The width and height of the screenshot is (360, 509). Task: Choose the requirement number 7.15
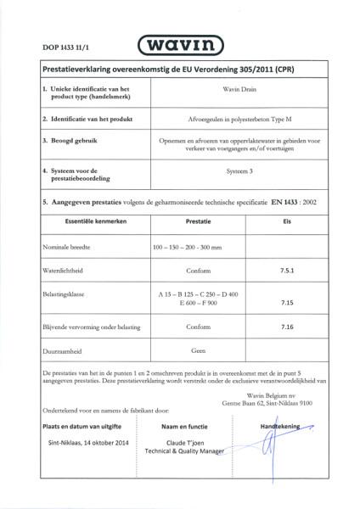tap(286, 301)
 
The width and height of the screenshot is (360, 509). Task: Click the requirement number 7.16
tap(286, 326)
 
